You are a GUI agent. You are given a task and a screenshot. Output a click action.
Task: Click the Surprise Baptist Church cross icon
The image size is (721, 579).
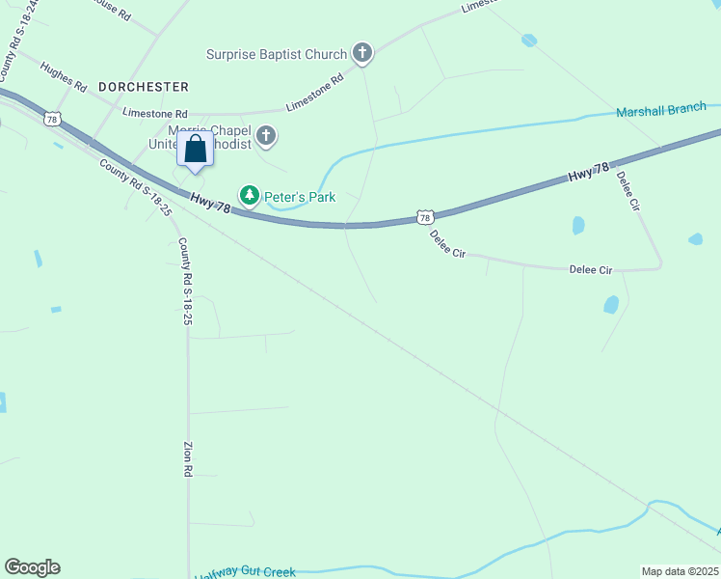[x=361, y=53]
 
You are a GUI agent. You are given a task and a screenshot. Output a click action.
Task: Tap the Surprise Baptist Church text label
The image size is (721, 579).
[x=278, y=54]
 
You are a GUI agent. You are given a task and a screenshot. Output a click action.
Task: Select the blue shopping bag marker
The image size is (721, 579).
[x=195, y=151]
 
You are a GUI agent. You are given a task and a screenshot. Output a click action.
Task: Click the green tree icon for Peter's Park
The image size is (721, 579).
[x=251, y=196]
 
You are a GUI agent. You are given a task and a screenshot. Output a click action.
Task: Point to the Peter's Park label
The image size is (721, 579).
[x=300, y=197]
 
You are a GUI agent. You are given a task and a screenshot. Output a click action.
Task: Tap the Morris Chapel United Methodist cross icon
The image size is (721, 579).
[x=266, y=137]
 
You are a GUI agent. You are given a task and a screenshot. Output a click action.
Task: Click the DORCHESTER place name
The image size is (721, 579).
[x=142, y=87]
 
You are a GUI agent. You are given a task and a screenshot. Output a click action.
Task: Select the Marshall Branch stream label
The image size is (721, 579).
[x=661, y=109]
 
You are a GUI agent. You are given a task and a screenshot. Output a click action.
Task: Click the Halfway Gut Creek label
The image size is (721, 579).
[x=245, y=572]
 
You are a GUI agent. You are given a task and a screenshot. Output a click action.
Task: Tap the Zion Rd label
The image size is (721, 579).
[x=188, y=460]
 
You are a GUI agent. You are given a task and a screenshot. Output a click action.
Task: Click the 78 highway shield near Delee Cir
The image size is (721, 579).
[x=425, y=217]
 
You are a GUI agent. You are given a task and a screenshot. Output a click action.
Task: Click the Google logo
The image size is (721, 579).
[x=32, y=567]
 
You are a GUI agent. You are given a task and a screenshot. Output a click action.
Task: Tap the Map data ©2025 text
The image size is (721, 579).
[x=679, y=571]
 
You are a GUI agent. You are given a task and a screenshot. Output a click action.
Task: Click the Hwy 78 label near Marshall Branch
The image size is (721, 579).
[x=588, y=173]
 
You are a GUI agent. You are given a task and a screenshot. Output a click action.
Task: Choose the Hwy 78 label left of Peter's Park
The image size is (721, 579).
[x=210, y=205]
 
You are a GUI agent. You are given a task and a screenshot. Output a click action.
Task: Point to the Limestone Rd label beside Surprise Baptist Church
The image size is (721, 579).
[x=314, y=95]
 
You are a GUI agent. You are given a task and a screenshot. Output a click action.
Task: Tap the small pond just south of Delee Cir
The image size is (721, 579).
[x=610, y=304]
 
